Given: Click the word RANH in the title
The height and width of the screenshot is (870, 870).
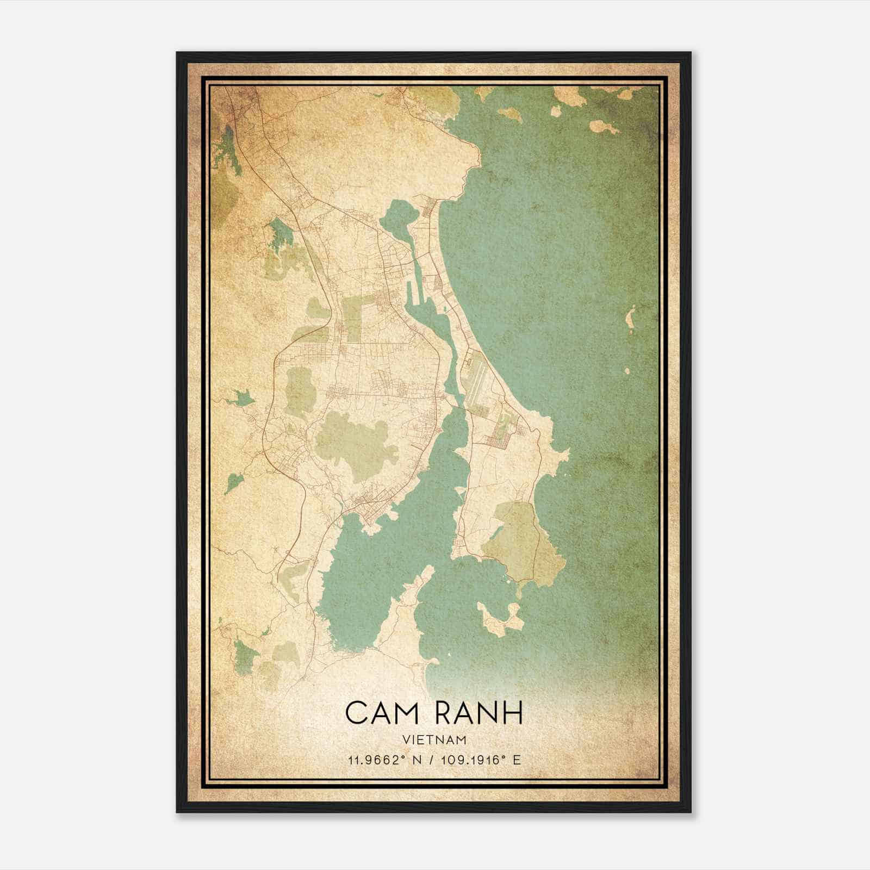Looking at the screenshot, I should coord(480,713).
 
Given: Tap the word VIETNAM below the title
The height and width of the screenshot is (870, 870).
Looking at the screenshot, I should coord(434,739).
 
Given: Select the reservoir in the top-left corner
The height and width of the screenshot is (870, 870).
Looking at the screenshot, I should coord(228,147).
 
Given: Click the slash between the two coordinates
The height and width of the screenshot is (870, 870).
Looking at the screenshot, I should coord(431,760).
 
